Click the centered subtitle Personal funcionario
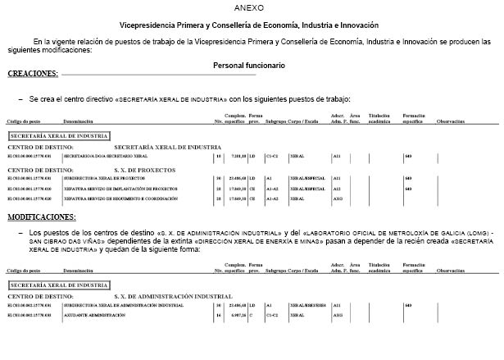point(249,65)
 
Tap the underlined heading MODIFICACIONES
point(41,217)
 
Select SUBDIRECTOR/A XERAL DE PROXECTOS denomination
point(102,178)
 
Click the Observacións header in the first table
point(450,121)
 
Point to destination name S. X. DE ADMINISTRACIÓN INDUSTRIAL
point(184,296)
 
